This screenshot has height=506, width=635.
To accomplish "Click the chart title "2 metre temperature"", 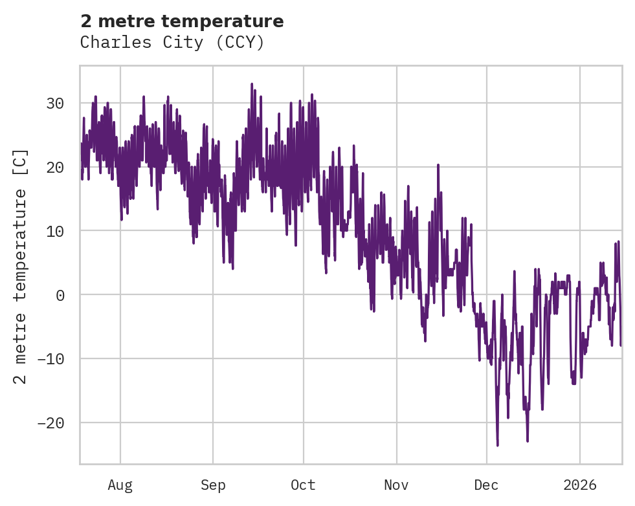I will point(182,21).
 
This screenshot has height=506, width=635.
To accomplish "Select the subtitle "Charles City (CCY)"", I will point(172,43).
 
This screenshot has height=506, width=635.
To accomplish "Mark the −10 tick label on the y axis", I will point(52,359).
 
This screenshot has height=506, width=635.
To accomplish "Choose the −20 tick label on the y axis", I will point(52,423).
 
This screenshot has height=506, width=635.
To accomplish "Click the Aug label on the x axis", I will point(120,485).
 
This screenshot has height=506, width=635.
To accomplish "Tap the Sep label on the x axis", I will point(213,485).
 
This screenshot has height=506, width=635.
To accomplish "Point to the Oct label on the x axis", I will point(303,485).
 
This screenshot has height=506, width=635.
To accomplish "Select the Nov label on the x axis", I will point(396,485).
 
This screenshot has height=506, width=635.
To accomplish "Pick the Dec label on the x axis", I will point(487,485).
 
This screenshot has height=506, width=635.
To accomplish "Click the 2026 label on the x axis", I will point(580,485).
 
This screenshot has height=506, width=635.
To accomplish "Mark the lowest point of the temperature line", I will point(498,445).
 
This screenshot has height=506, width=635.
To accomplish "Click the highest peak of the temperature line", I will point(252,84).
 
